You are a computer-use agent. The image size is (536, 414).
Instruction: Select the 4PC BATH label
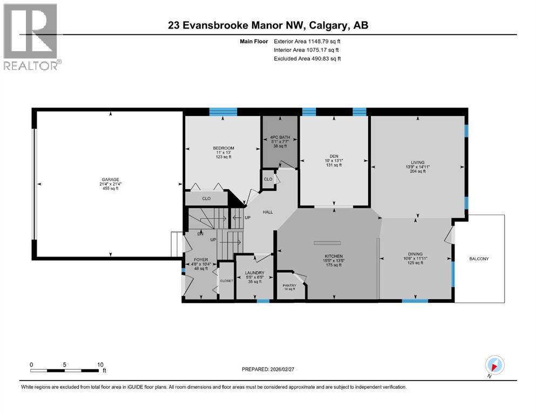(280, 137)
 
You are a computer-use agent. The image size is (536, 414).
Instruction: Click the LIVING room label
(417, 162)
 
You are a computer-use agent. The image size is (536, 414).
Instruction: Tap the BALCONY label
(479, 259)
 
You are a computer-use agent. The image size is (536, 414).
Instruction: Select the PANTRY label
(289, 285)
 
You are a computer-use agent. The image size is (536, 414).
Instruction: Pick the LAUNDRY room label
(254, 273)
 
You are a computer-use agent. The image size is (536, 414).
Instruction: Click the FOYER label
(200, 260)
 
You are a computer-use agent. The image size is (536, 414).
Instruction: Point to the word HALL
(268, 212)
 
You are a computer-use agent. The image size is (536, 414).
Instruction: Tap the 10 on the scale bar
(100, 364)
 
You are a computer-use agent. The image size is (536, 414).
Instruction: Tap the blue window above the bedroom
(223, 112)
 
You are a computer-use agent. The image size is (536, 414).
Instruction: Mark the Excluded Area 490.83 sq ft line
(307, 58)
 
